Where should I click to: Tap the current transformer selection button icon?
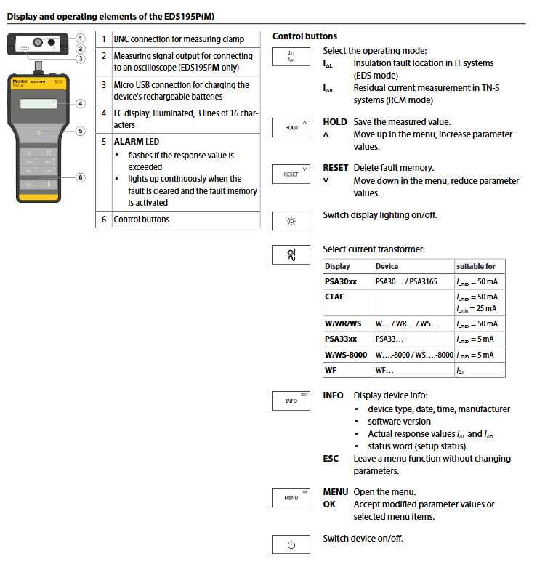click(x=291, y=254)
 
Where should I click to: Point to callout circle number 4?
click(x=81, y=103)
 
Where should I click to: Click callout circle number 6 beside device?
click(x=81, y=177)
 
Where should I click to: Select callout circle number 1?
click(x=81, y=38)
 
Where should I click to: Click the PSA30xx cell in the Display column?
click(x=341, y=281)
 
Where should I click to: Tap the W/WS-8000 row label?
click(x=347, y=355)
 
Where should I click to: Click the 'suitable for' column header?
click(x=476, y=266)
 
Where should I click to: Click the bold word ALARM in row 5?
click(x=128, y=141)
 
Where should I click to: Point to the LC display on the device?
click(x=40, y=103)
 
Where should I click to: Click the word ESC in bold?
click(x=331, y=459)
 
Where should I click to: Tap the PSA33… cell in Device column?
click(x=389, y=339)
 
